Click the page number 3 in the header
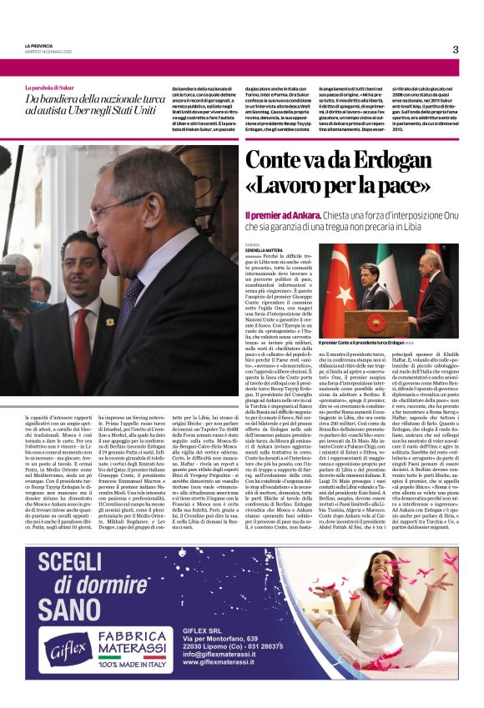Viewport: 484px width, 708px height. (x=456, y=49)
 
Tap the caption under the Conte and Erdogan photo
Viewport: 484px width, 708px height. (x=364, y=343)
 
